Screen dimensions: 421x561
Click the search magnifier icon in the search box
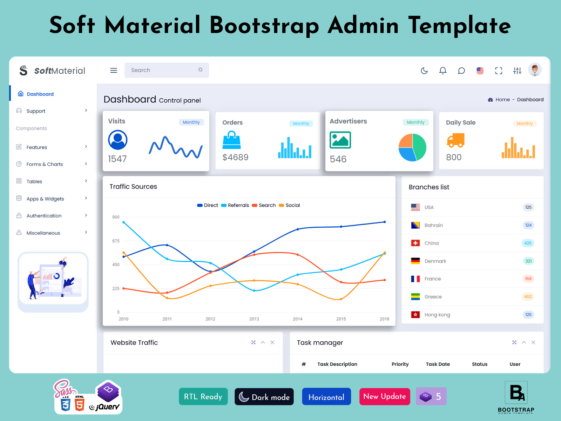click(x=201, y=70)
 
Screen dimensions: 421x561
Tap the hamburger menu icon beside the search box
click(x=114, y=71)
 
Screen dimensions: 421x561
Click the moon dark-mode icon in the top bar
click(x=424, y=71)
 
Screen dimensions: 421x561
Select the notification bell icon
click(x=443, y=71)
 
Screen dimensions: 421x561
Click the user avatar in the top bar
click(x=535, y=70)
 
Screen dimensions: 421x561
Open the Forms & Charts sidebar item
click(x=45, y=164)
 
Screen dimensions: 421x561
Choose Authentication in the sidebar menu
click(x=44, y=216)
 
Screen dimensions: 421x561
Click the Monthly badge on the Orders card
click(x=301, y=123)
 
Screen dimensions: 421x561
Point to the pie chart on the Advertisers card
click(x=412, y=148)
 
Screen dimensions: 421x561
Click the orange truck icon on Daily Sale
click(x=455, y=140)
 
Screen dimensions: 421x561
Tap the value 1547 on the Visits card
click(x=117, y=159)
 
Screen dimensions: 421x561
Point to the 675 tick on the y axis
click(x=116, y=241)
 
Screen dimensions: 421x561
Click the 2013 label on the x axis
click(x=254, y=319)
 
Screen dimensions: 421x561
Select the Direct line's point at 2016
click(x=384, y=222)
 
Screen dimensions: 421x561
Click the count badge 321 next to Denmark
click(x=528, y=261)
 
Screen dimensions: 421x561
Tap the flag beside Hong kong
click(x=415, y=315)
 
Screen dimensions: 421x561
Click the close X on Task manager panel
click(x=533, y=342)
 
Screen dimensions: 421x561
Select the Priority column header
click(x=400, y=364)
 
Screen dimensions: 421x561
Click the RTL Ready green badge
click(x=203, y=396)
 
